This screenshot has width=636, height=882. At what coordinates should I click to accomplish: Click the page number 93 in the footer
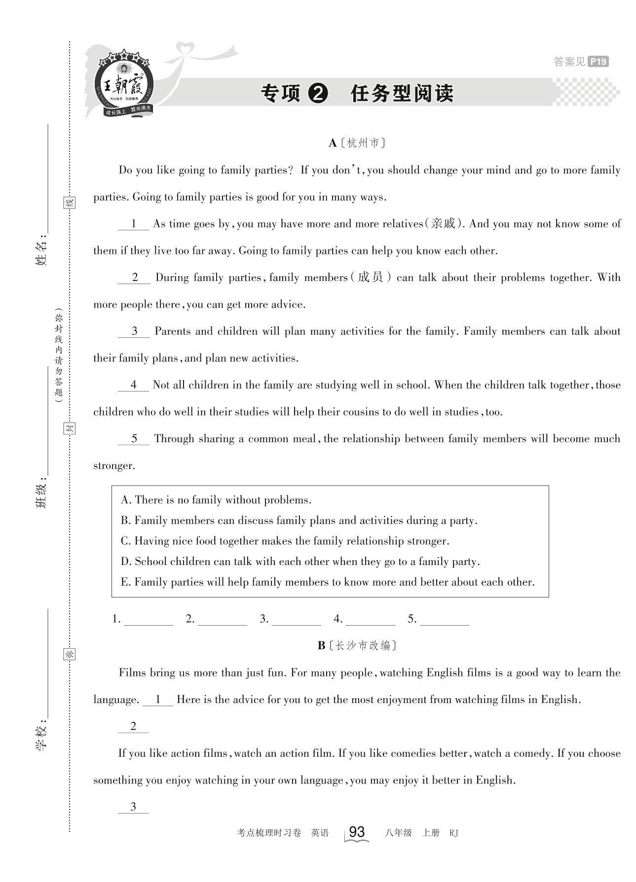(x=356, y=832)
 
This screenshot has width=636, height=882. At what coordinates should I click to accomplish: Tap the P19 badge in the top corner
(x=598, y=62)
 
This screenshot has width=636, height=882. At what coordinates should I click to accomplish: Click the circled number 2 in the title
(x=318, y=93)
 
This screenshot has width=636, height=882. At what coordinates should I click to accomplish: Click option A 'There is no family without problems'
(x=216, y=500)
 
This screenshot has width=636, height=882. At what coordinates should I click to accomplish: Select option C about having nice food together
(x=285, y=541)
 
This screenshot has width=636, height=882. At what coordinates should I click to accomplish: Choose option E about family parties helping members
(x=328, y=582)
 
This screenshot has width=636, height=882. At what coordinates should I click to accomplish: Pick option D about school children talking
(x=300, y=562)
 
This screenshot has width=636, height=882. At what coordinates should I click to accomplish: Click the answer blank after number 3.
(x=296, y=620)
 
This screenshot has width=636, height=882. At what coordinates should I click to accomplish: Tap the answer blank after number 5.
(x=444, y=620)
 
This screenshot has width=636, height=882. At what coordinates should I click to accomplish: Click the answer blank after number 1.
(x=148, y=620)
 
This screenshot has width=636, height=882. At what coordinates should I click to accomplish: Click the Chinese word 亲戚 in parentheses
(x=443, y=224)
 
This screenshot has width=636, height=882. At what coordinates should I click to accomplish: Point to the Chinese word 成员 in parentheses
(x=370, y=278)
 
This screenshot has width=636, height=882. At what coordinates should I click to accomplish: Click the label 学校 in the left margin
(x=41, y=737)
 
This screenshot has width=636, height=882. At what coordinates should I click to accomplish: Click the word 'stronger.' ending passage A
(x=114, y=466)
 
